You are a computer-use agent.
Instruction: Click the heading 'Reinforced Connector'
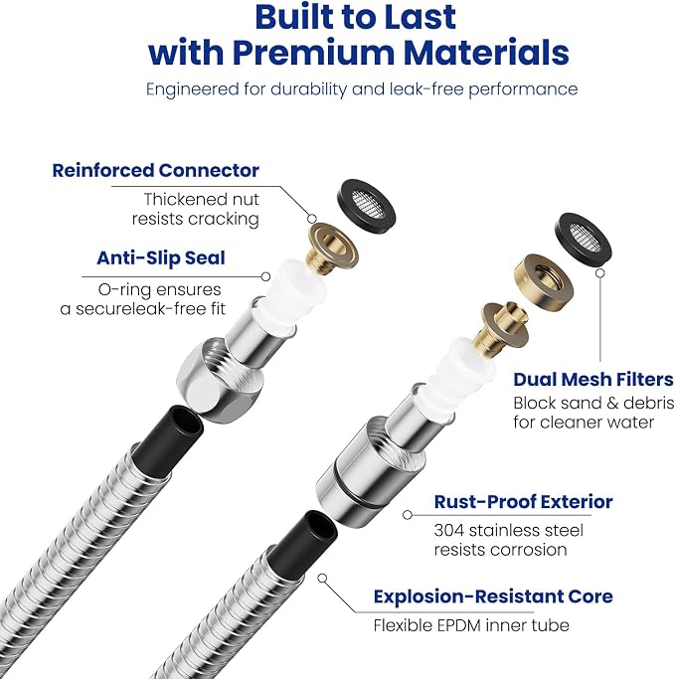[x=155, y=170]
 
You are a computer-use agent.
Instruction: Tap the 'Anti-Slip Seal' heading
[x=161, y=257]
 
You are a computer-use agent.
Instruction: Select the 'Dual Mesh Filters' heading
[x=593, y=380]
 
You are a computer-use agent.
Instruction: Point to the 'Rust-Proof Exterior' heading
[x=523, y=502]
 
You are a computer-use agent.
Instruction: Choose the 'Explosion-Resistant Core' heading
[x=493, y=596]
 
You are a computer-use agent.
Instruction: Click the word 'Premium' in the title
[x=313, y=53]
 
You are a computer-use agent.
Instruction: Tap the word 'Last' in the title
[x=415, y=17]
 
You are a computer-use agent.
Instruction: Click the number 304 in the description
[x=448, y=531]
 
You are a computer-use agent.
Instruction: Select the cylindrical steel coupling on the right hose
[x=370, y=470]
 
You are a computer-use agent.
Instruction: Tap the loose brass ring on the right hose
[x=544, y=281]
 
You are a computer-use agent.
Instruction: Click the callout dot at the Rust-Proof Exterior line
[x=407, y=515]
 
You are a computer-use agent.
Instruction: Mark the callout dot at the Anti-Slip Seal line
[x=266, y=276]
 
